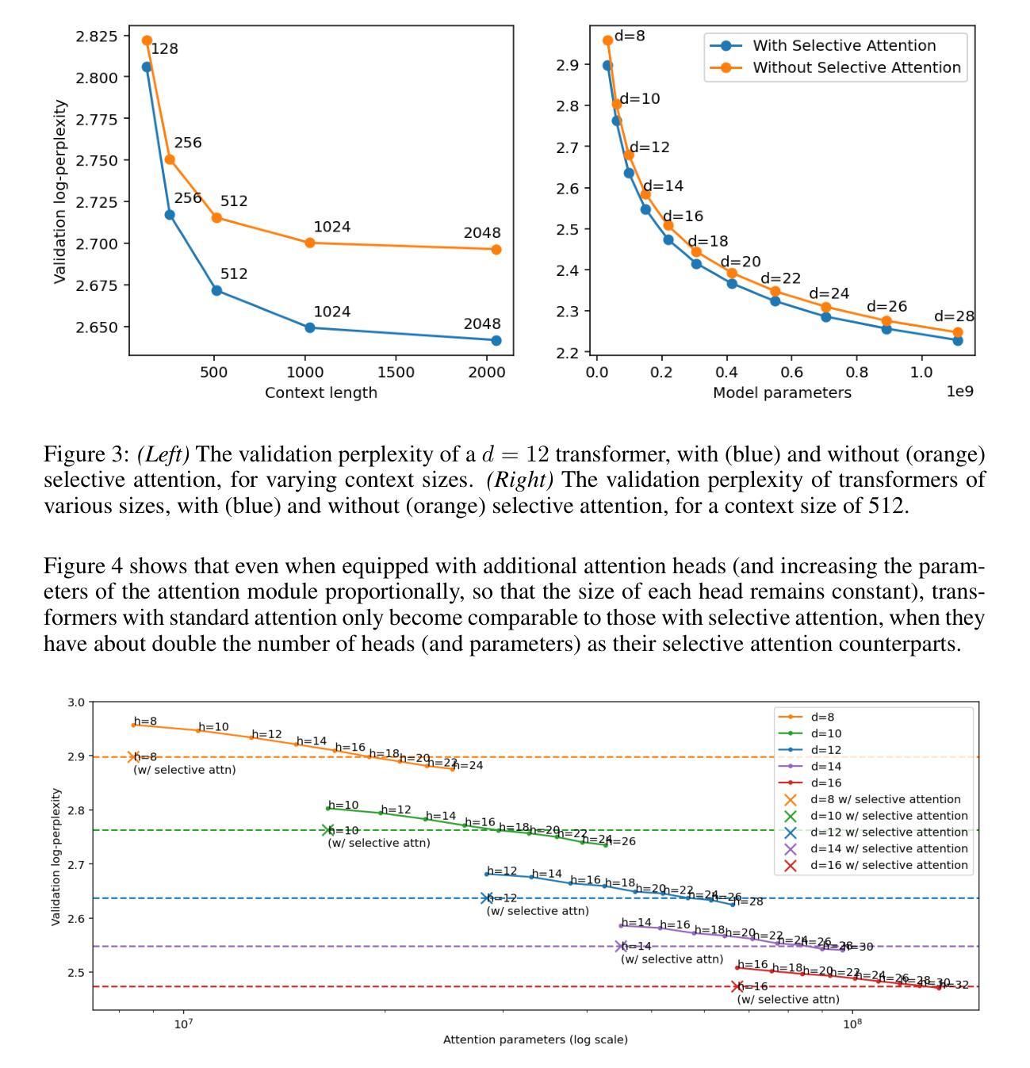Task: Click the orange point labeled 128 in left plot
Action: [x=147, y=40]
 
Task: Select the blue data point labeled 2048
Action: [x=496, y=340]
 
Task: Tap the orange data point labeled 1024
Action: [x=310, y=243]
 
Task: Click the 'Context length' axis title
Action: [x=321, y=392]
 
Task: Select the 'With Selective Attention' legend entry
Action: [x=844, y=46]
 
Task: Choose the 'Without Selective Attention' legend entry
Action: [x=856, y=67]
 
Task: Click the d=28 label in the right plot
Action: [x=954, y=316]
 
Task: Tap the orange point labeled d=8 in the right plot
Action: [x=607, y=40]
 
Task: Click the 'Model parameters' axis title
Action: [x=782, y=392]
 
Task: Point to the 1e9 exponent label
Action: [x=959, y=392]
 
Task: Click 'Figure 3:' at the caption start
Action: [x=86, y=455]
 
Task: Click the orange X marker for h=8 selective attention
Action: [x=133, y=757]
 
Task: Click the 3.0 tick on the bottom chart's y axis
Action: [x=76, y=702]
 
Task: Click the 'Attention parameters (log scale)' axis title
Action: [x=535, y=1039]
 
